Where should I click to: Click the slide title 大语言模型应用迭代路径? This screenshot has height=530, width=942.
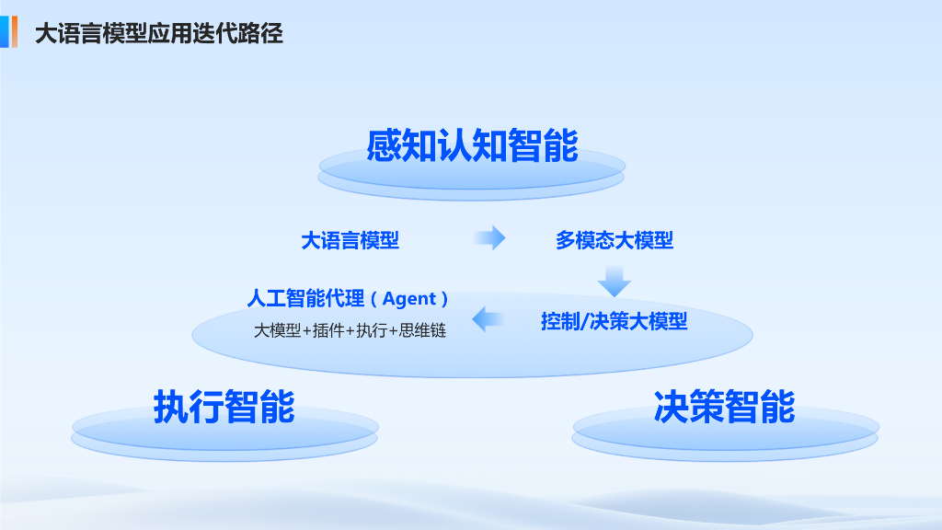(158, 34)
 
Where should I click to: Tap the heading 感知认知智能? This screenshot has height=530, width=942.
(472, 145)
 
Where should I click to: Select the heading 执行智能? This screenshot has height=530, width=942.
(224, 406)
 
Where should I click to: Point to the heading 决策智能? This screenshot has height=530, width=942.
(724, 406)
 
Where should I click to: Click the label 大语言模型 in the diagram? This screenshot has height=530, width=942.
(350, 240)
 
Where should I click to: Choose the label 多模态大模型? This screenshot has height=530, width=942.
(615, 240)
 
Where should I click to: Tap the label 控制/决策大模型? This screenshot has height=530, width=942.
(614, 321)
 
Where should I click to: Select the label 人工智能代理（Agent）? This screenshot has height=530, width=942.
(348, 298)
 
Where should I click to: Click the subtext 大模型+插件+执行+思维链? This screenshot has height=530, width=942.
(350, 330)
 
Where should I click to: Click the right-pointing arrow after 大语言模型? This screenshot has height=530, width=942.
(489, 238)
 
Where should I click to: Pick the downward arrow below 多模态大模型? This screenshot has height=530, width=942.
(614, 281)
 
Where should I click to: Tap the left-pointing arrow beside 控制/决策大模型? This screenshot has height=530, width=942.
(488, 319)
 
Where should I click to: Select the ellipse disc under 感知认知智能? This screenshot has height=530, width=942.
(472, 179)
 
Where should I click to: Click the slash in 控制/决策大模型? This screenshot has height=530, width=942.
(583, 322)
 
